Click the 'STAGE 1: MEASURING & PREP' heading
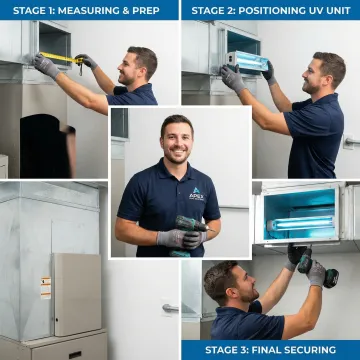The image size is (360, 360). [x=88, y=10]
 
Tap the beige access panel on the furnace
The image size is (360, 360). [x=74, y=294]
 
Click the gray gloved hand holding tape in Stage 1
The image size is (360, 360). [x=46, y=66]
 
